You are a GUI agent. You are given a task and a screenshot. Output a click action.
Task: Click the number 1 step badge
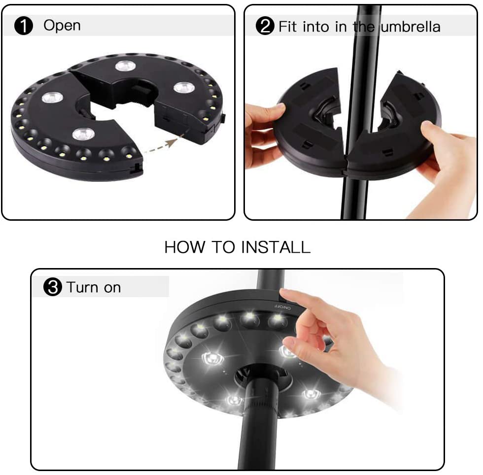pyautogui.click(x=24, y=26)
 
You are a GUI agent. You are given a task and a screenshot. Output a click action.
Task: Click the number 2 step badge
pyautogui.click(x=265, y=26)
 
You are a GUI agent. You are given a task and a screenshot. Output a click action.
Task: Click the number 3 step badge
pyautogui.click(x=53, y=287)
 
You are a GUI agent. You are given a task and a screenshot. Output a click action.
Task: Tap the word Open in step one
pyautogui.click(x=62, y=26)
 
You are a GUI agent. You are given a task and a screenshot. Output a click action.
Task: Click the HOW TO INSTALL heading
pyautogui.click(x=238, y=247)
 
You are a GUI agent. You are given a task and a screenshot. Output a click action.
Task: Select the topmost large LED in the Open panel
pyautogui.click(x=125, y=66)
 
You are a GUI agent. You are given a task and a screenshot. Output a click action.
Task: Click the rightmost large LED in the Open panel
pyautogui.click(x=184, y=87)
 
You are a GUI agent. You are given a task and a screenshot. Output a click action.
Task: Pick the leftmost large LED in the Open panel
pyautogui.click(x=52, y=97)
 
